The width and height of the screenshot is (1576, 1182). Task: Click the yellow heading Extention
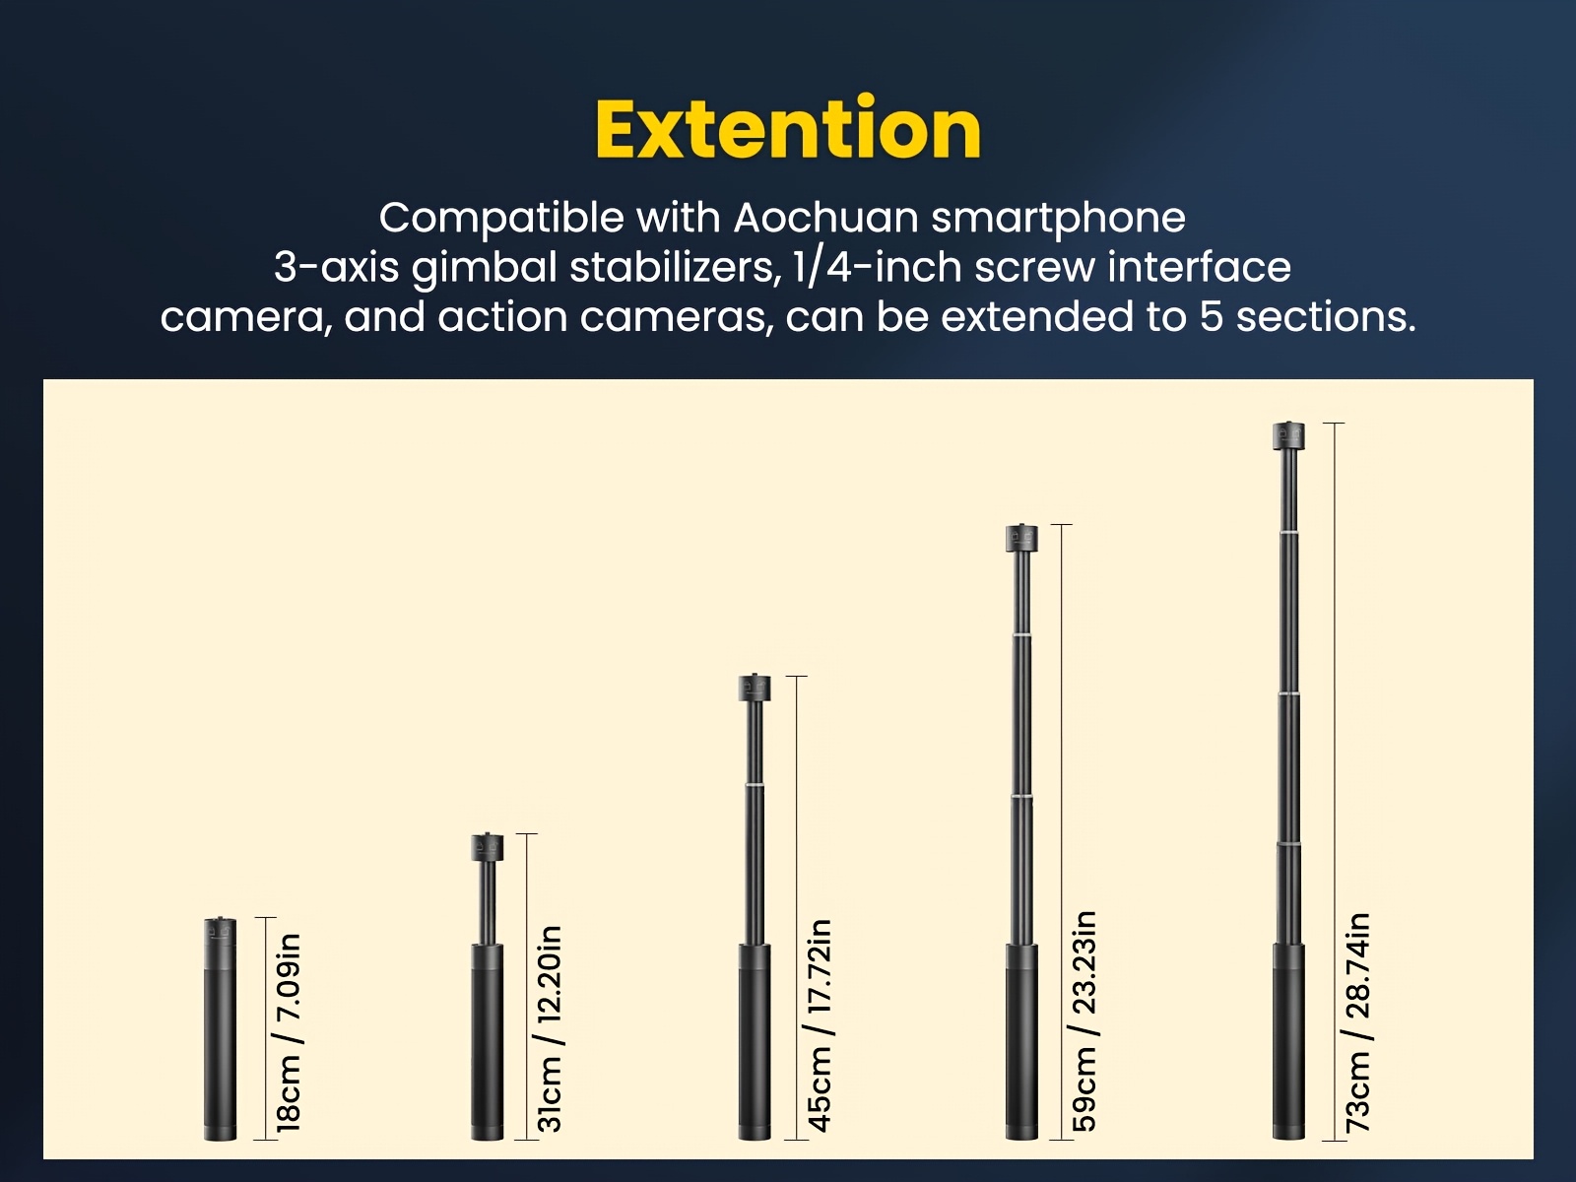click(788, 128)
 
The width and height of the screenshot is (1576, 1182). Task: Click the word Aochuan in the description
click(825, 218)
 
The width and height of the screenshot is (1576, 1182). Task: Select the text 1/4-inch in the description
click(878, 268)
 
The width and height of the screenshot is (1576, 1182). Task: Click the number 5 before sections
click(1211, 317)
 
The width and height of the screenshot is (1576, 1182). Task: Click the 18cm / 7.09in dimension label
click(288, 1033)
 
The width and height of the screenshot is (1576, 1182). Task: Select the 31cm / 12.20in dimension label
click(550, 1029)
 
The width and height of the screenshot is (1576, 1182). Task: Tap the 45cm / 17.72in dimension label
click(820, 1026)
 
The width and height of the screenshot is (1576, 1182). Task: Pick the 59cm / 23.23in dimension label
click(1084, 1022)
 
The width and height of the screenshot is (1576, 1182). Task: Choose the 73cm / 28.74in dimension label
click(1357, 1023)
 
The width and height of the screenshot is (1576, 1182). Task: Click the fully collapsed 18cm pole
click(220, 1028)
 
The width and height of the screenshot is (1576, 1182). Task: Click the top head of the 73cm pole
click(1288, 435)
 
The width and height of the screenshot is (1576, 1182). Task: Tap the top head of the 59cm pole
click(1021, 537)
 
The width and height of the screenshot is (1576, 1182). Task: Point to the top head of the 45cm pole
click(755, 688)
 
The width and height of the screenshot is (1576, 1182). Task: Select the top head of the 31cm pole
click(487, 847)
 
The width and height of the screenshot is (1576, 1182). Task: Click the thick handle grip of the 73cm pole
click(1288, 1042)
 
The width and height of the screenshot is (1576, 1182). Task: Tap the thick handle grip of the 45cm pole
click(755, 1042)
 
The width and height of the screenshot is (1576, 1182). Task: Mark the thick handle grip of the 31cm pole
click(487, 1042)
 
